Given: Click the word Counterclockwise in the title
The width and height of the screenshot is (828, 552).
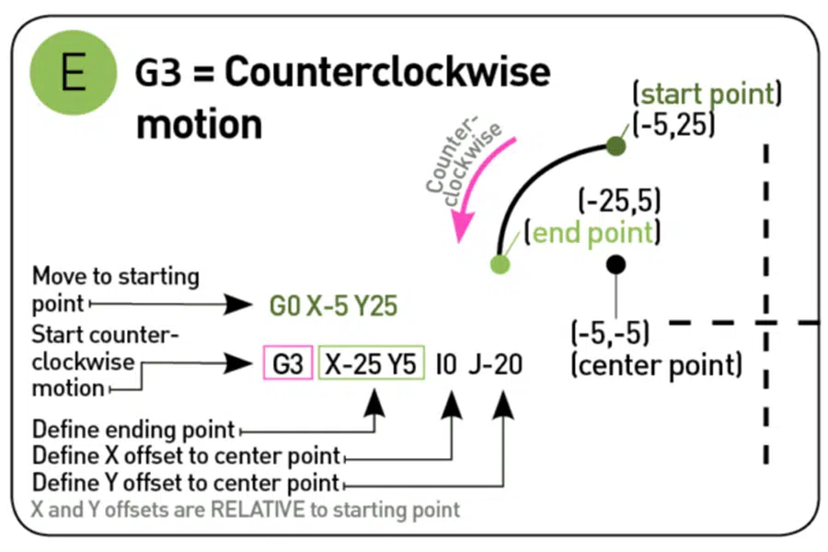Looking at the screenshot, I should [387, 73].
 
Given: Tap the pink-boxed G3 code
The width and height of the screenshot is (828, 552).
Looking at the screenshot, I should [288, 364].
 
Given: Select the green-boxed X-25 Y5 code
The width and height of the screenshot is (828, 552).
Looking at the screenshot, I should [371, 364].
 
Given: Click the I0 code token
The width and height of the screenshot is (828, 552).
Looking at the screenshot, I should [446, 364].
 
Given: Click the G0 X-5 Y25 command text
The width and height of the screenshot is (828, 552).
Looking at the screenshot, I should [333, 305].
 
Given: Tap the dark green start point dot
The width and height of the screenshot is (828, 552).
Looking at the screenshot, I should [616, 145].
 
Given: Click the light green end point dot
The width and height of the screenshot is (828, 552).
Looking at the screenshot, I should [500, 265].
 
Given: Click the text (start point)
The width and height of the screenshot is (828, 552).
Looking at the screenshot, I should [706, 94].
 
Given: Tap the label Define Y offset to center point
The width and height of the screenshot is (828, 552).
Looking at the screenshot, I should [185, 482].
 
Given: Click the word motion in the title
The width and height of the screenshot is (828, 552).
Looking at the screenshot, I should [198, 124].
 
